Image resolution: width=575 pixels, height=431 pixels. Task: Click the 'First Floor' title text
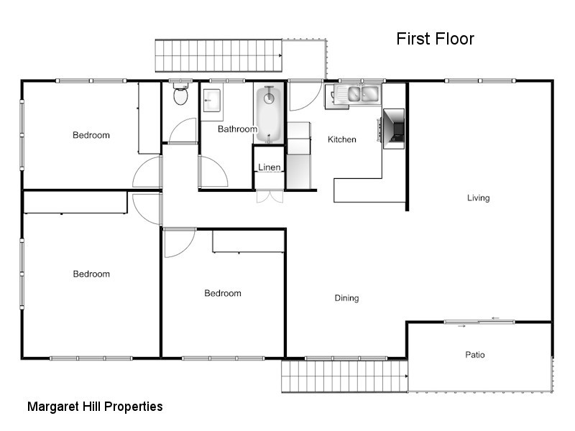(x=435, y=39)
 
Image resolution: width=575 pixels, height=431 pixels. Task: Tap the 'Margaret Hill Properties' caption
(x=95, y=407)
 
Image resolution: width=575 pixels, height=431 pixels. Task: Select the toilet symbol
(x=180, y=95)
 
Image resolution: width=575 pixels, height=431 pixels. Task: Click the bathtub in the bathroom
(x=268, y=113)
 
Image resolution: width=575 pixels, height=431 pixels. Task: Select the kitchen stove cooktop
(x=393, y=129)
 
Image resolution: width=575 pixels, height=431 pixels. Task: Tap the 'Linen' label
(x=270, y=167)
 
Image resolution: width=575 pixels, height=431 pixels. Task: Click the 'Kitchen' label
(x=341, y=139)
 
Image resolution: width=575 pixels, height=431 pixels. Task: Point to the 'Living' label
(x=478, y=198)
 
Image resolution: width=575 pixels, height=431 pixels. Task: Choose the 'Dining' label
(x=346, y=298)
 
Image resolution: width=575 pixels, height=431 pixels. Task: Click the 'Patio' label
(x=474, y=354)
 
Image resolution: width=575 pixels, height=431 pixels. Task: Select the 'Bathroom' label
(x=237, y=129)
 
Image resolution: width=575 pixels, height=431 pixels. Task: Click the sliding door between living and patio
(x=479, y=322)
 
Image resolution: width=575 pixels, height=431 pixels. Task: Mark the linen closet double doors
(x=270, y=196)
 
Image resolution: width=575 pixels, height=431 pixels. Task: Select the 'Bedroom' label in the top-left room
(x=91, y=135)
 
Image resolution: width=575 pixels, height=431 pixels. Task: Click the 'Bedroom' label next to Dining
(x=223, y=293)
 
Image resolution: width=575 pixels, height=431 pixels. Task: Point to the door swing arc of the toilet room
(x=183, y=131)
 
